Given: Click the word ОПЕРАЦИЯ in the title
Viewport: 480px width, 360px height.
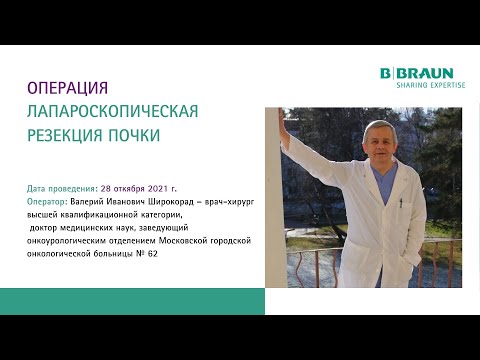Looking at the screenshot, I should tap(66, 88).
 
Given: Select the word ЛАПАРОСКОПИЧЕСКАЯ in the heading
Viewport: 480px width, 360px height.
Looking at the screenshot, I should tap(112, 110).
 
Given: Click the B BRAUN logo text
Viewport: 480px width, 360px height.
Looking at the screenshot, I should tap(417, 73).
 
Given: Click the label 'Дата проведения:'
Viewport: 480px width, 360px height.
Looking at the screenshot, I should tap(62, 188).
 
